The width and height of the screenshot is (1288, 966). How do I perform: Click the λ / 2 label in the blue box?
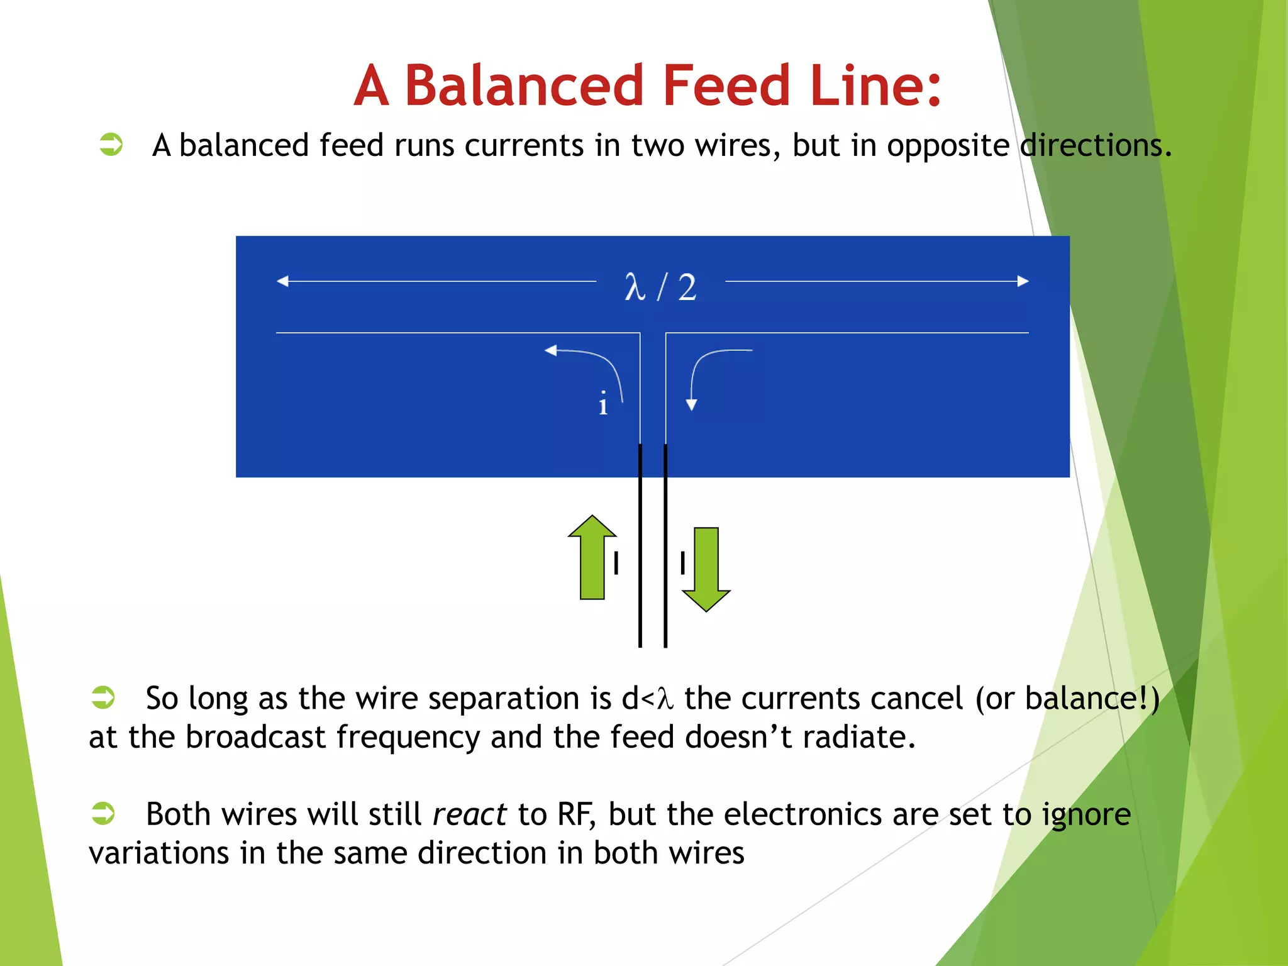(660, 287)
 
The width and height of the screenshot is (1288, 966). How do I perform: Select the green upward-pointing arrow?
(592, 557)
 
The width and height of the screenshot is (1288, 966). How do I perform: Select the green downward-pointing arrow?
(706, 569)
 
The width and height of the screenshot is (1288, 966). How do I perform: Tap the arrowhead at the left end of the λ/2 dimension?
(283, 281)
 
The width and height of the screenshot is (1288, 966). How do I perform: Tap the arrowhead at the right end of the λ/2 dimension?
(1023, 281)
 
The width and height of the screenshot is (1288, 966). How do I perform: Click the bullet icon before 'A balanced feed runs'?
(111, 144)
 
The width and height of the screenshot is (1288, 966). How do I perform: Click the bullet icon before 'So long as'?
(103, 697)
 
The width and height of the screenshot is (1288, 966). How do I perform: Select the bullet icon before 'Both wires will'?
(103, 813)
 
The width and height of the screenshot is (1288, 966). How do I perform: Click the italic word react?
(470, 814)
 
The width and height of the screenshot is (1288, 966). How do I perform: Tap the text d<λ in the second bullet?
(647, 699)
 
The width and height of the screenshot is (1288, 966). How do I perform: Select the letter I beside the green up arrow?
(616, 563)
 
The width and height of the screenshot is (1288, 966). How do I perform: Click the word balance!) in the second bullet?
(1092, 699)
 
